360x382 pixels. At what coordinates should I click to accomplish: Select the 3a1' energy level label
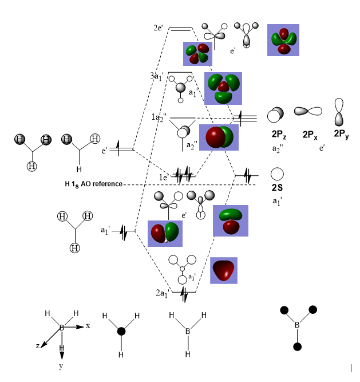click(159, 76)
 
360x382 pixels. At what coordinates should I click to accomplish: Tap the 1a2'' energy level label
click(159, 117)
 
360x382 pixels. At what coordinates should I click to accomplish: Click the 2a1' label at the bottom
click(163, 293)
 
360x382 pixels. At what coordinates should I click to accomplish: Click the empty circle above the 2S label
click(278, 174)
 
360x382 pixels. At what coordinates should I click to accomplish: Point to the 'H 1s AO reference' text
click(93, 184)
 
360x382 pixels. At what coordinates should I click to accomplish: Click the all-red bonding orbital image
click(224, 270)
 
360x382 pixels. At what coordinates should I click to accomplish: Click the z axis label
click(38, 346)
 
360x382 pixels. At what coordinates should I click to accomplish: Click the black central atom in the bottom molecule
click(121, 331)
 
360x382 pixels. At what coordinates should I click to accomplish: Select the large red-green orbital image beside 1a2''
click(219, 137)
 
